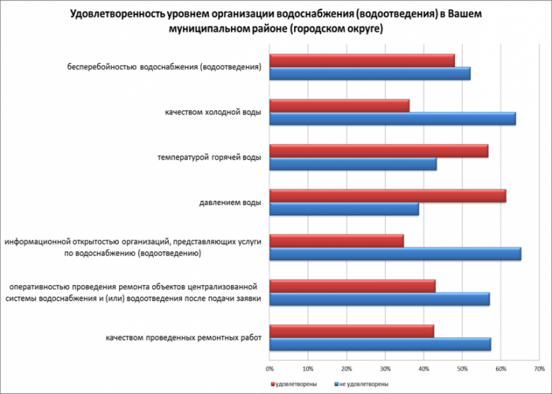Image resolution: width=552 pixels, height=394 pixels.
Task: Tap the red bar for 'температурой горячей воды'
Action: click(x=379, y=151)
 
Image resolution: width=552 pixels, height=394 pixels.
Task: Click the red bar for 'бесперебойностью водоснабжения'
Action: click(x=362, y=61)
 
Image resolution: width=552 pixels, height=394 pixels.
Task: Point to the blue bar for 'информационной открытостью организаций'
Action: click(x=395, y=254)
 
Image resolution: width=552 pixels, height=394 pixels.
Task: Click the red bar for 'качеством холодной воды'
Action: click(x=339, y=106)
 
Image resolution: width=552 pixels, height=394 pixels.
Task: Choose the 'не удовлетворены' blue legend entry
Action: click(x=364, y=384)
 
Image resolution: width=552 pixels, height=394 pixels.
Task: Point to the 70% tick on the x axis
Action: click(x=539, y=368)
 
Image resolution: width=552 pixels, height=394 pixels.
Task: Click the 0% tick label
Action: click(x=270, y=368)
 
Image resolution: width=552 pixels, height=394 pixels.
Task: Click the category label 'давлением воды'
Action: click(x=228, y=203)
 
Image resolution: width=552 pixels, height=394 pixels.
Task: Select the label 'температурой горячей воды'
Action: click(x=209, y=158)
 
